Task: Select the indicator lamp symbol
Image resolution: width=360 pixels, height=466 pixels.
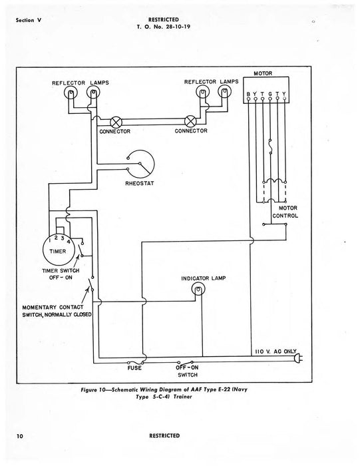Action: [x=198, y=289]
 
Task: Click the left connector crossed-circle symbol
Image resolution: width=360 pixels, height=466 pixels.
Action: [x=114, y=121]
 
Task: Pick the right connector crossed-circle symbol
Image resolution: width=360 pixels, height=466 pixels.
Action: [x=189, y=121]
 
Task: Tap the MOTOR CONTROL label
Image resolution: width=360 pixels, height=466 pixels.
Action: [x=285, y=211]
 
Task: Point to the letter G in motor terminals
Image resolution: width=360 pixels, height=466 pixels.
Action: [x=275, y=94]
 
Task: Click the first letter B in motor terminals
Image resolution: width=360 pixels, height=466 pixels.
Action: [x=249, y=94]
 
